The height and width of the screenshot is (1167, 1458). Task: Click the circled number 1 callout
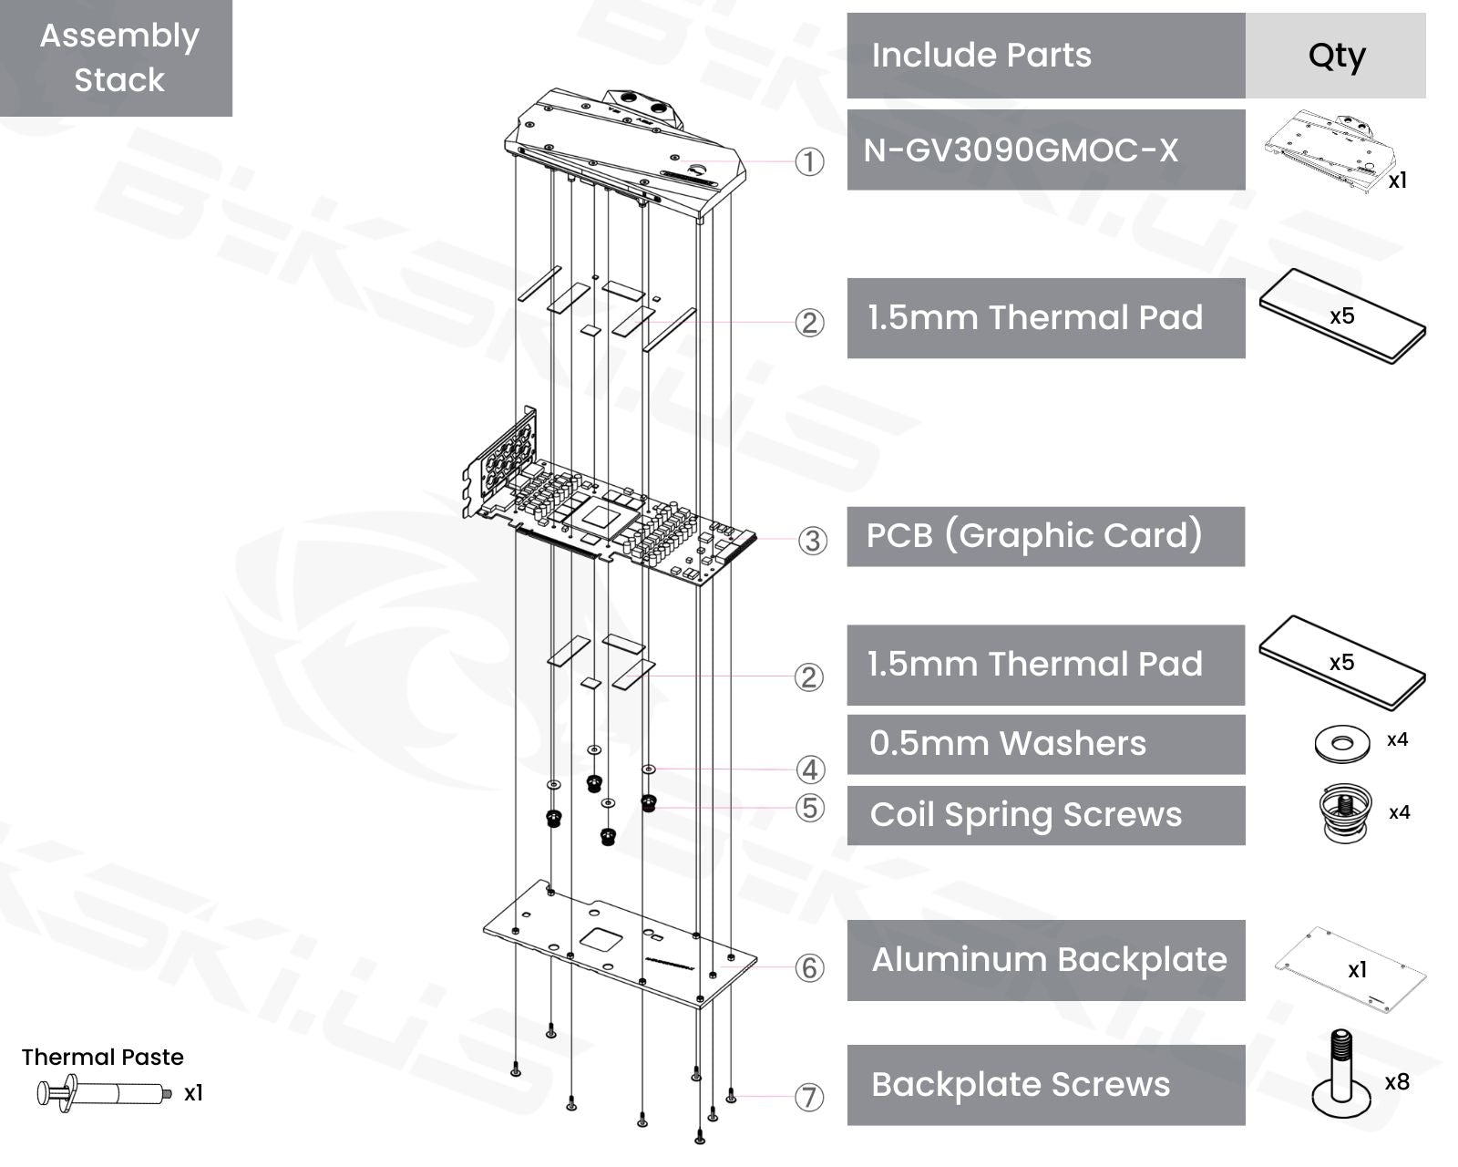tap(809, 162)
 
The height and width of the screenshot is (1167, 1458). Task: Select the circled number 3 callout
tap(812, 541)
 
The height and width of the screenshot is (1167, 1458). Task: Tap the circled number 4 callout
tap(810, 769)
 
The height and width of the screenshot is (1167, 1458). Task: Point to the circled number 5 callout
tap(810, 808)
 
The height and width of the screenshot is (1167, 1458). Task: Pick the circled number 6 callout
tap(810, 967)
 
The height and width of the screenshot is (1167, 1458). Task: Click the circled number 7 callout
tap(809, 1097)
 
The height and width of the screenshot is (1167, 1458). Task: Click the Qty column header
tap(1335, 56)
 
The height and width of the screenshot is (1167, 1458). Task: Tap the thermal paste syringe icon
tap(103, 1092)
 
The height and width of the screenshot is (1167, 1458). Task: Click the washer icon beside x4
tap(1341, 743)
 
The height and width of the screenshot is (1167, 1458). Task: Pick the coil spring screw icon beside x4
tap(1345, 811)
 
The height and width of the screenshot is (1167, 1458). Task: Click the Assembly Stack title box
tap(117, 57)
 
